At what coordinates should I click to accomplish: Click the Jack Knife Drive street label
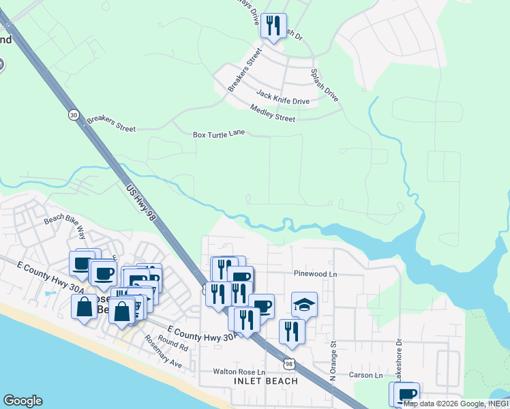point(282,97)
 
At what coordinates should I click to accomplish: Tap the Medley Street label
point(273,113)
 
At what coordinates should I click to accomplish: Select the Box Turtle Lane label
point(218,134)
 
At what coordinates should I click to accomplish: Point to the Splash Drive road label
point(325,85)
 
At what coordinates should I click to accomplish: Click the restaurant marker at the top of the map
point(273,27)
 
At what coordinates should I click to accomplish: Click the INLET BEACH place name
point(265,381)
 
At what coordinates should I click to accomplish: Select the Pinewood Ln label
point(316,273)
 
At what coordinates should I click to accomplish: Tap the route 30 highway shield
point(73,115)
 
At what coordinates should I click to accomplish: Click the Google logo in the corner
point(22,401)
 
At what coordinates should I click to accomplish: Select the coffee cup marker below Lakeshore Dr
point(407,394)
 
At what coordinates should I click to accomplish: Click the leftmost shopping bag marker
point(84,307)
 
